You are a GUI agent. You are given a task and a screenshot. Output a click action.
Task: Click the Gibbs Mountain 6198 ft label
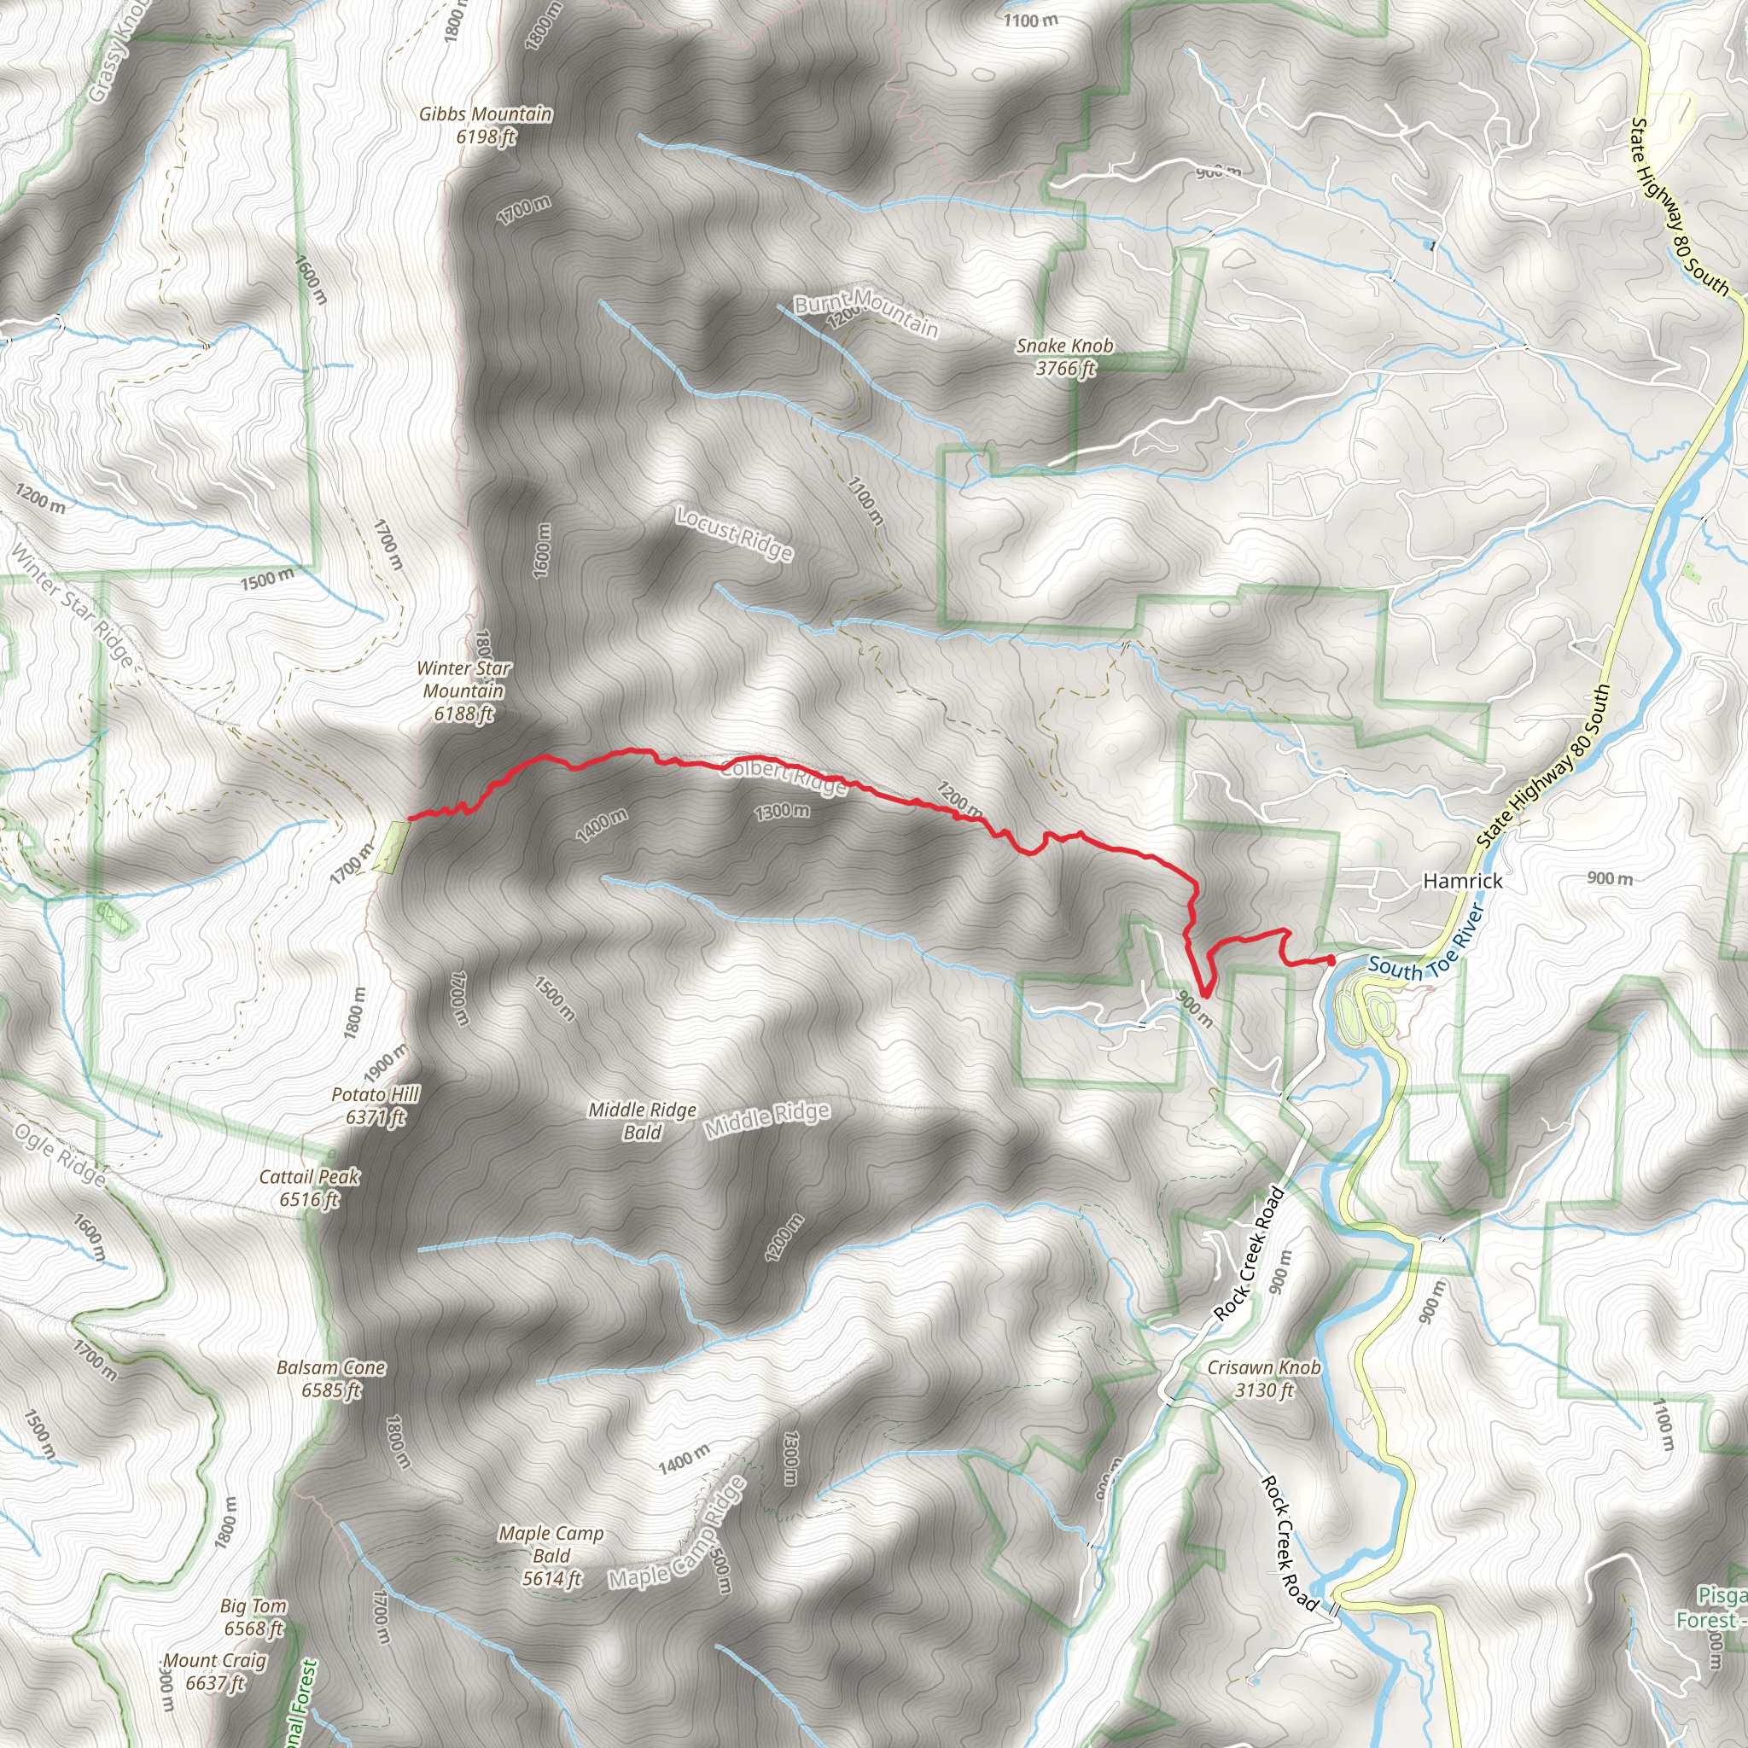[x=485, y=125]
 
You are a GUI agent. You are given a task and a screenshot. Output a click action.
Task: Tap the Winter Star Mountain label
[x=464, y=690]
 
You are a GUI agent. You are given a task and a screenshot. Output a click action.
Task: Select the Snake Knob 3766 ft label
[x=1065, y=357]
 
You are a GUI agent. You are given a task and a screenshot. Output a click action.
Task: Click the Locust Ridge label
[x=735, y=533]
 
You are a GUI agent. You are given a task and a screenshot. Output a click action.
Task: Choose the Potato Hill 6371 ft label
[x=376, y=1105]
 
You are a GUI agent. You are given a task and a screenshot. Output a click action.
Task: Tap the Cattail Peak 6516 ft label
[x=310, y=1188]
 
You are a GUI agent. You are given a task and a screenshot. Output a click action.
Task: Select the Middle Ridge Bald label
[x=643, y=1120]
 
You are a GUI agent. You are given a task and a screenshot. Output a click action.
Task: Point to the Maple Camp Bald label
[x=551, y=1555]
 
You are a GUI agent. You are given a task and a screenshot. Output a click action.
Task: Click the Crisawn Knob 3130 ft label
[x=1264, y=1379]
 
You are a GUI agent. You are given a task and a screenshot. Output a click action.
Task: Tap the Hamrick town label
[x=1462, y=880]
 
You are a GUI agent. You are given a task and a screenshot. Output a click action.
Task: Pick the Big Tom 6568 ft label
[x=253, y=1617]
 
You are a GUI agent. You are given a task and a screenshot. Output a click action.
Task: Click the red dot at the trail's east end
[x=1331, y=960]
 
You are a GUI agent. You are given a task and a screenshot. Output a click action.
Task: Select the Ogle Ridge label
[x=61, y=1156]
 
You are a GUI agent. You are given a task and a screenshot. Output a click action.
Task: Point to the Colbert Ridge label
[x=784, y=778]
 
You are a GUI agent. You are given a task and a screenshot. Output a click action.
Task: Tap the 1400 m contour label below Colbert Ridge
[x=602, y=825]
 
